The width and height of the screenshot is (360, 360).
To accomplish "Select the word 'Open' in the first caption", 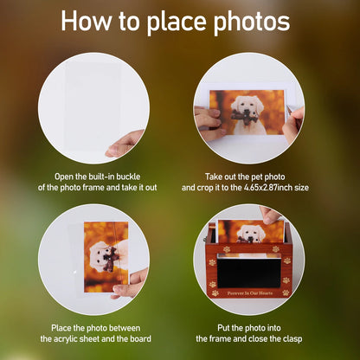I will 65,176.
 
